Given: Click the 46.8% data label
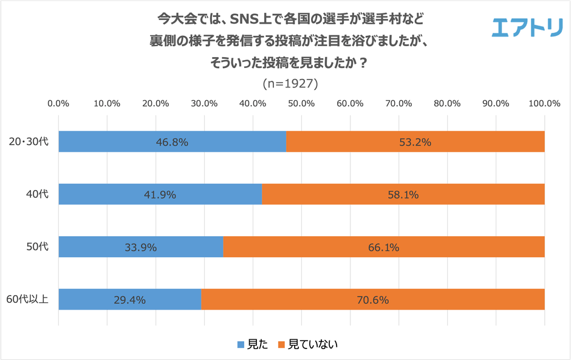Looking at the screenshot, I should (173, 143).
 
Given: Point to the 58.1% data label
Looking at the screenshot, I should (403, 195).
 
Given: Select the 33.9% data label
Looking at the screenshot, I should (141, 247).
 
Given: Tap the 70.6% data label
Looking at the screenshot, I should (373, 299).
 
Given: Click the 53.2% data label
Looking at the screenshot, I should (415, 143).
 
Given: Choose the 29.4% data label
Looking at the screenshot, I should (130, 299).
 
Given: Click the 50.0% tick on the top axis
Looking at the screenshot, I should (301, 103).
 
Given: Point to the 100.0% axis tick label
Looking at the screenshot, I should (544, 103).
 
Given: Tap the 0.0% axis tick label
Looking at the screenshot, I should (58, 103).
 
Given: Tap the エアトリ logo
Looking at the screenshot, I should (527, 26).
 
